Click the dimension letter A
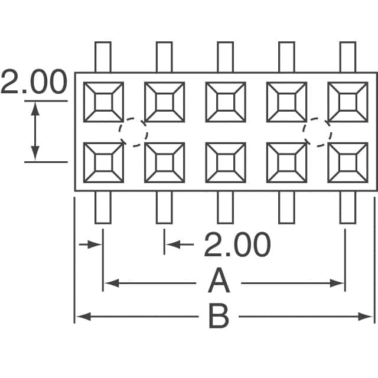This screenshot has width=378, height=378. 219,282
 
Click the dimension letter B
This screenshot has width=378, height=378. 219,317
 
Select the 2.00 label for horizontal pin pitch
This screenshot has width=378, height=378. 237,245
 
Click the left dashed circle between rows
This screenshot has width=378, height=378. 133,132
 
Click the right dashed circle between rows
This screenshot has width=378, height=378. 317,132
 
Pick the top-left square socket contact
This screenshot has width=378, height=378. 103,102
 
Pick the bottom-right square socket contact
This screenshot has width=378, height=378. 348,162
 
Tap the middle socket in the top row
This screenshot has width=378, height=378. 226,102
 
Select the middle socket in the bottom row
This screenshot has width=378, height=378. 226,162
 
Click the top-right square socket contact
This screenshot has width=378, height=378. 348,102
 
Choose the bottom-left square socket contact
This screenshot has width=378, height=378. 103,162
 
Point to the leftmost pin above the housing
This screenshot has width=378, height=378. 103,57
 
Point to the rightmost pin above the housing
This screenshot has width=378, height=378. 348,57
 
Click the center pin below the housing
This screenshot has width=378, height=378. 226,207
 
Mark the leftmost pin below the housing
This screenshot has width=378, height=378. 103,207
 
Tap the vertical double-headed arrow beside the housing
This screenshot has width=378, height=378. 35,131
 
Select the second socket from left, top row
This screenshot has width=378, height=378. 164,102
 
